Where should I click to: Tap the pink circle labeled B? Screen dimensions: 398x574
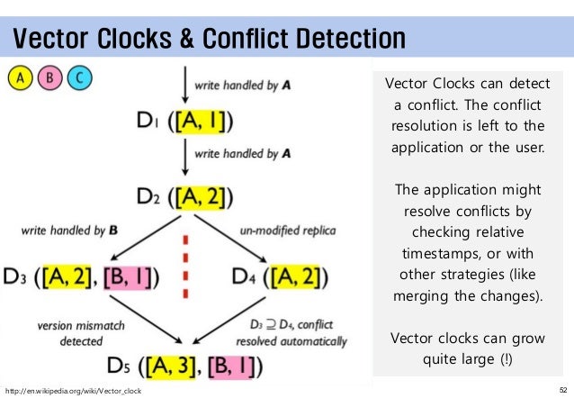(x=50, y=77)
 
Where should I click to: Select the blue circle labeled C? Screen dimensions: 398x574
(x=79, y=77)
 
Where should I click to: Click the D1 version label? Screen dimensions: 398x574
(x=149, y=122)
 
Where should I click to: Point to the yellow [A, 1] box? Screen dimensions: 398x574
(x=205, y=121)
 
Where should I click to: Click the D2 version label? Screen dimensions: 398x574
(x=149, y=194)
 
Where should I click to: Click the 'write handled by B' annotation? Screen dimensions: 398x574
(x=69, y=231)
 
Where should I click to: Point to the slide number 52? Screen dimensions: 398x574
(x=563, y=390)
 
